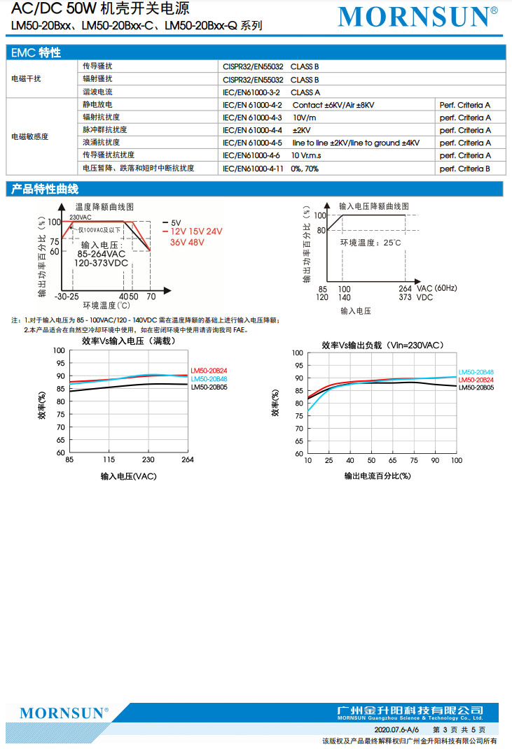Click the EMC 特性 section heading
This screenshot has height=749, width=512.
click(x=36, y=52)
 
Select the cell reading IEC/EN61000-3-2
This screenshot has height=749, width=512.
click(x=251, y=92)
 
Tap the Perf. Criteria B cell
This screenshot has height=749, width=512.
click(x=464, y=169)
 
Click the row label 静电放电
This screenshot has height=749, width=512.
click(x=97, y=105)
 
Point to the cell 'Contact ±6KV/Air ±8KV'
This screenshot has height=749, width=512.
click(x=333, y=105)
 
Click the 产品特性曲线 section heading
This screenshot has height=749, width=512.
click(x=45, y=190)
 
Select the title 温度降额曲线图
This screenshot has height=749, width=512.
click(x=104, y=207)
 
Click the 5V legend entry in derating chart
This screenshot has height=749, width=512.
click(x=176, y=222)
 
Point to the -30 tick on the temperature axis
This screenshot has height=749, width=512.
click(x=61, y=297)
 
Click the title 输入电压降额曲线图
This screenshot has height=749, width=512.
click(x=373, y=206)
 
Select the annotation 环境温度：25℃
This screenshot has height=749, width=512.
click(x=371, y=243)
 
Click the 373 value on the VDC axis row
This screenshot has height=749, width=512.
click(x=406, y=297)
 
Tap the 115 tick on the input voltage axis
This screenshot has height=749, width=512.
click(x=109, y=459)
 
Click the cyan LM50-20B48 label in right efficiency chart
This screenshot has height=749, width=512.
click(x=476, y=372)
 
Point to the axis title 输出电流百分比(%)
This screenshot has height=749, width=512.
click(x=377, y=476)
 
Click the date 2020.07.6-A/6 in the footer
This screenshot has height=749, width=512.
click(x=396, y=729)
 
